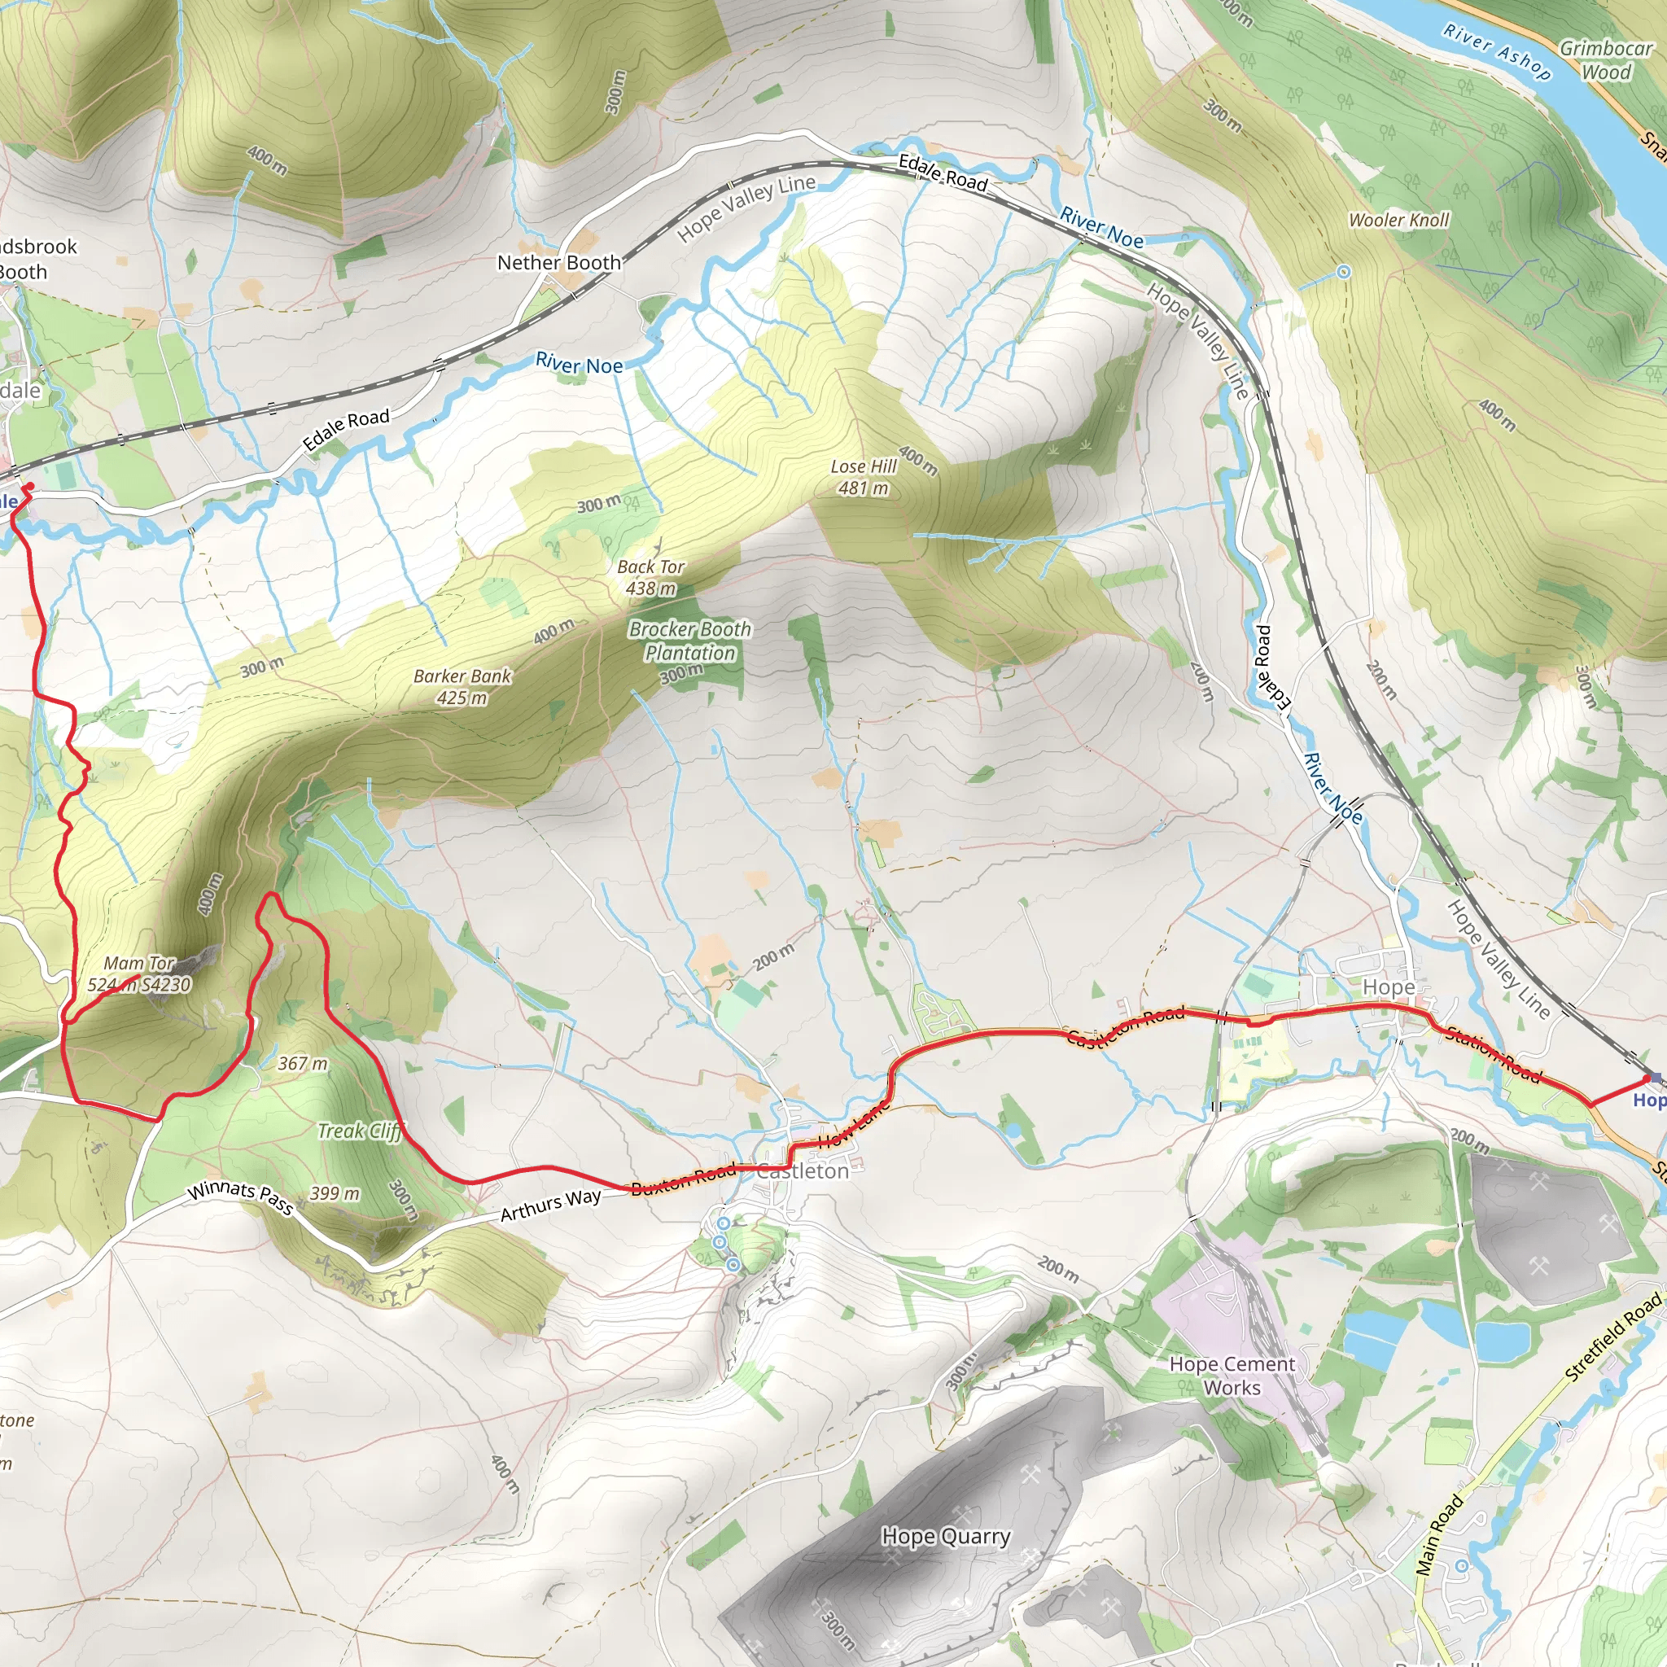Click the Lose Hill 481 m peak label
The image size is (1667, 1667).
[x=864, y=477]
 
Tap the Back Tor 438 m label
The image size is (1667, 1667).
[x=650, y=577]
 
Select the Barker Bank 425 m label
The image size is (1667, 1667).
[x=462, y=687]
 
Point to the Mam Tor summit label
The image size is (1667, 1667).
[x=139, y=974]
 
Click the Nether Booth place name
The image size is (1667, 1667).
[x=559, y=262]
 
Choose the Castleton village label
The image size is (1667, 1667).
[x=803, y=1170]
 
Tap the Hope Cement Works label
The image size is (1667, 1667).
[x=1232, y=1376]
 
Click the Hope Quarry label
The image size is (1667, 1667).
[x=946, y=1536]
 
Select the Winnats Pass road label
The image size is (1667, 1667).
[x=241, y=1196]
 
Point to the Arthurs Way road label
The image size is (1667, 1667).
[x=550, y=1205]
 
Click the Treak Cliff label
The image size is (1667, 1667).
[x=360, y=1131]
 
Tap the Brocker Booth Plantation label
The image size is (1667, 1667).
[x=690, y=641]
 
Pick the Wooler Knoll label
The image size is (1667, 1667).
[x=1398, y=220]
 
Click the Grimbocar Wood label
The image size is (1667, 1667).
[x=1606, y=59]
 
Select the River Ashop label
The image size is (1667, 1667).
[x=1497, y=52]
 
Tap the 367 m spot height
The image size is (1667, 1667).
[x=303, y=1063]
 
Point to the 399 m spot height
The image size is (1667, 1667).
[x=335, y=1193]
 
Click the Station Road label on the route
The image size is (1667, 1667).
[x=1493, y=1053]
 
